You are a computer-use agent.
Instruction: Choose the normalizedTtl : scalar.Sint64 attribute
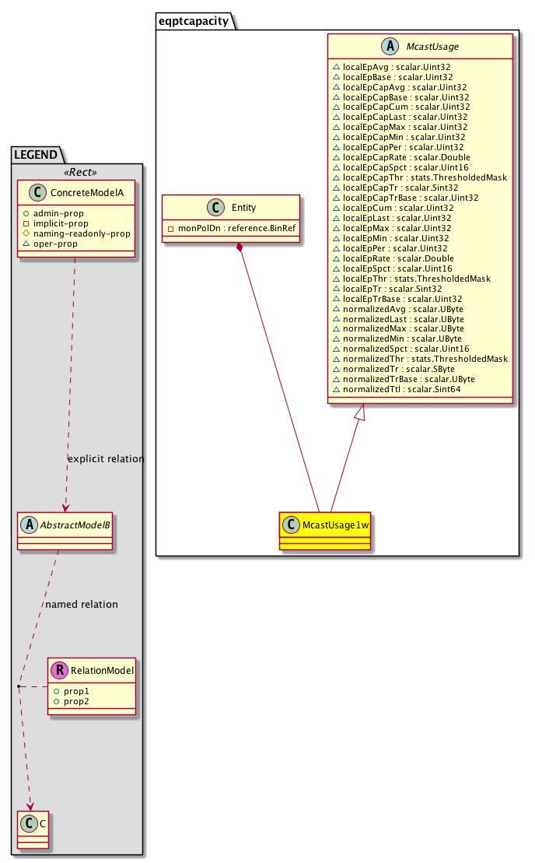pyautogui.click(x=397, y=388)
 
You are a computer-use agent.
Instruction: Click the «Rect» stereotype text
pyautogui.click(x=77, y=173)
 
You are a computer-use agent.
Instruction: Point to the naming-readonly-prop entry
pyautogui.click(x=86, y=233)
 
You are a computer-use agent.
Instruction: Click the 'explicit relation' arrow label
pyautogui.click(x=106, y=459)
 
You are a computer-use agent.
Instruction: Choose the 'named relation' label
pyautogui.click(x=82, y=604)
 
